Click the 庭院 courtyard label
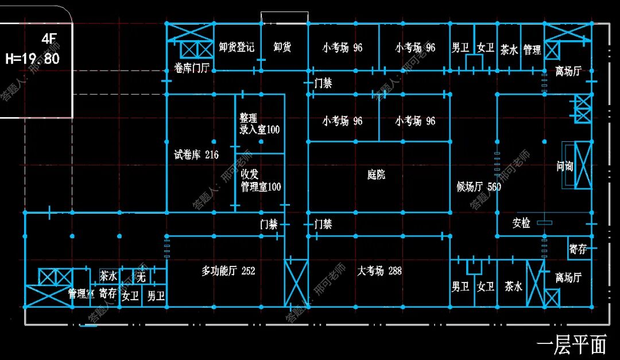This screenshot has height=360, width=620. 376,175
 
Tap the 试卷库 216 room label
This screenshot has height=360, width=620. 196,155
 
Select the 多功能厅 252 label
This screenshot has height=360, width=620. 228,270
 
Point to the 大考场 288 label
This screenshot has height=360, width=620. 379,270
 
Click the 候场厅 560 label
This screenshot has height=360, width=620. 479,187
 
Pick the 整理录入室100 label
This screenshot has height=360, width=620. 259,124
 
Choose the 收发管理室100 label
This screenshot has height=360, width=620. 260,180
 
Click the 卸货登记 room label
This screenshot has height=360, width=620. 237,47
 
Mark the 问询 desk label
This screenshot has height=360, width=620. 565,167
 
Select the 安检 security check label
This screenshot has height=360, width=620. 521,223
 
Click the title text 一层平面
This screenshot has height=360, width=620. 571,344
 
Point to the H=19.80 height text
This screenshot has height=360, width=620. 32,59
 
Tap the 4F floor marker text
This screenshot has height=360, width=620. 50,40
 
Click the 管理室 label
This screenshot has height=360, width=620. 81,294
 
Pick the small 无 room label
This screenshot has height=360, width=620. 141,278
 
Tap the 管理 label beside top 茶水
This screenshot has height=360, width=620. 532,50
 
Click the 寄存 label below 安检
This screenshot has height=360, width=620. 578,249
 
